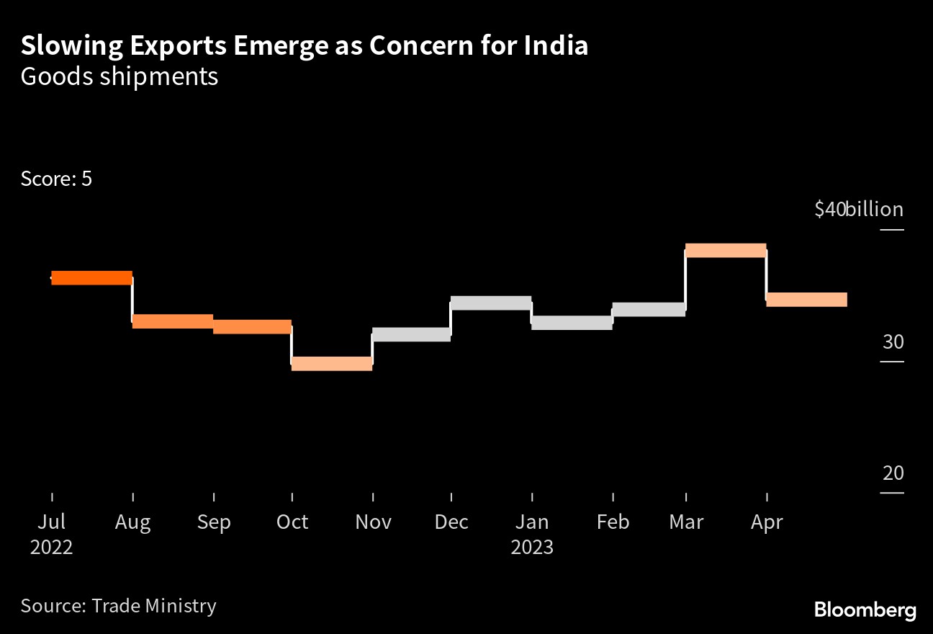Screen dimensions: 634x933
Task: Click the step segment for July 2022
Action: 91,277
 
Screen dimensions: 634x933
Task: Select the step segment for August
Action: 172,321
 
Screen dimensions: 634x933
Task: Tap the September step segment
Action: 252,326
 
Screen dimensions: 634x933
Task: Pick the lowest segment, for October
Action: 332,364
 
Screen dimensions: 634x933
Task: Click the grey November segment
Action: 411,334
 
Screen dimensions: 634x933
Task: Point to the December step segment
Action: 491,303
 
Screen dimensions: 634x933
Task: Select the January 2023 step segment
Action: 572,323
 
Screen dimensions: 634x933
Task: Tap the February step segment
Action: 649,309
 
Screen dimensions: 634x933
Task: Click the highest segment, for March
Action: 726,251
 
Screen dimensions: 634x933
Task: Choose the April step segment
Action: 806,300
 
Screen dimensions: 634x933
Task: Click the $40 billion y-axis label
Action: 858,210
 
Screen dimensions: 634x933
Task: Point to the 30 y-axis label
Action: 893,341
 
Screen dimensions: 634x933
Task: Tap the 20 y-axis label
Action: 893,473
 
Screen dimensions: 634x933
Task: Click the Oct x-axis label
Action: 292,522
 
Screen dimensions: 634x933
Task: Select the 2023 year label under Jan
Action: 532,547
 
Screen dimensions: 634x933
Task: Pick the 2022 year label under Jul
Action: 52,547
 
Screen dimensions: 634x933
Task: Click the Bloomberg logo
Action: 865,610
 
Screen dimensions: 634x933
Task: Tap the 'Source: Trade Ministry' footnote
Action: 118,606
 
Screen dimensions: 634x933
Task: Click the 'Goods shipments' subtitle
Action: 120,76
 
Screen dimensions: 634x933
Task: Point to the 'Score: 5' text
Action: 56,179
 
